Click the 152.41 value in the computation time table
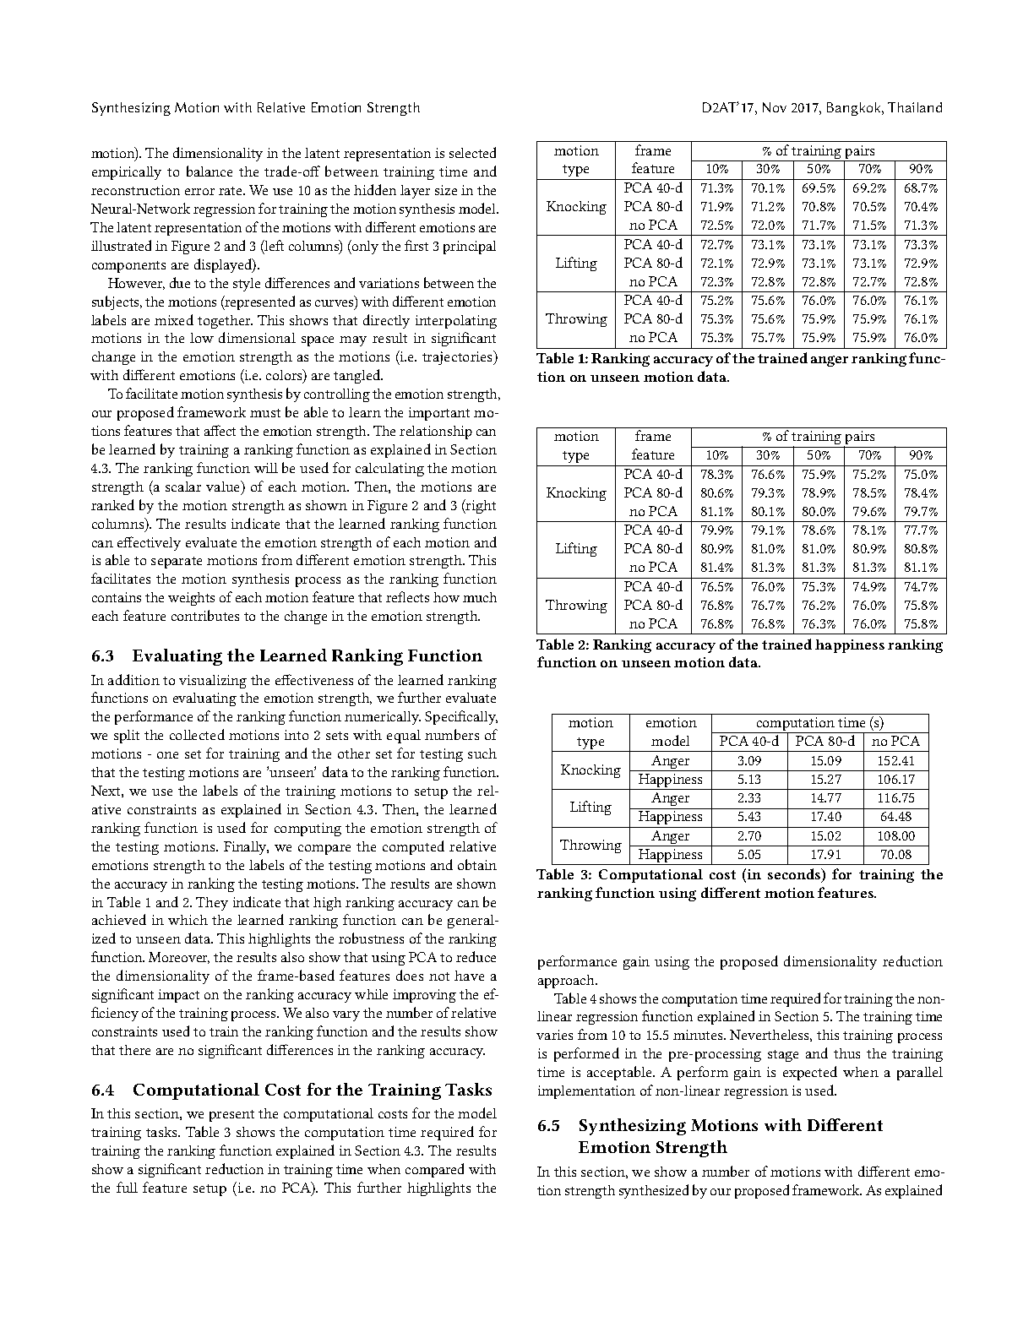(x=895, y=760)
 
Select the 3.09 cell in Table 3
(x=749, y=760)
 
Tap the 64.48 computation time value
(x=895, y=817)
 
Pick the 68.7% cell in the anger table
(x=921, y=188)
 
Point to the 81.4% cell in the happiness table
(x=717, y=568)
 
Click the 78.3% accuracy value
(x=717, y=475)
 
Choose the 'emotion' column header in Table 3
(x=671, y=723)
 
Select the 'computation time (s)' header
(x=819, y=723)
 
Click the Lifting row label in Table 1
(x=576, y=263)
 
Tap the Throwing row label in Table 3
(x=590, y=845)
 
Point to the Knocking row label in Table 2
(x=576, y=492)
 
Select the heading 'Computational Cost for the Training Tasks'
(x=312, y=1090)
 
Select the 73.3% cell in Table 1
(x=921, y=244)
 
